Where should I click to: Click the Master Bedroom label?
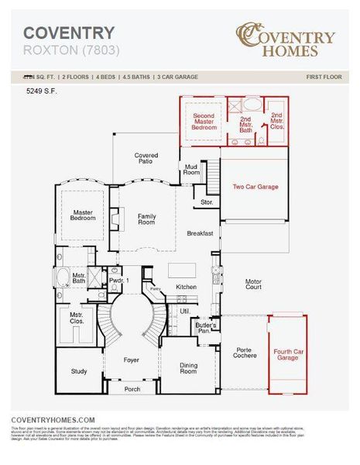(84, 215)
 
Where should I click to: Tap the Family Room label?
(147, 219)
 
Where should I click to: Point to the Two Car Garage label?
(255, 187)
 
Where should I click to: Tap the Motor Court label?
(253, 284)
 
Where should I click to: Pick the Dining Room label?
(188, 368)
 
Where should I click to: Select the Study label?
(79, 372)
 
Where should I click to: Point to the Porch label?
(132, 389)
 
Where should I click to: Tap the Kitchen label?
(187, 287)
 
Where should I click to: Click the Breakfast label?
(200, 232)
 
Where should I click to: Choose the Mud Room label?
(191, 170)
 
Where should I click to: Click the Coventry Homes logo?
(286, 41)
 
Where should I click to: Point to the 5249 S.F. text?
(43, 91)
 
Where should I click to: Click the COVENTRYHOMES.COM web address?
(53, 418)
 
